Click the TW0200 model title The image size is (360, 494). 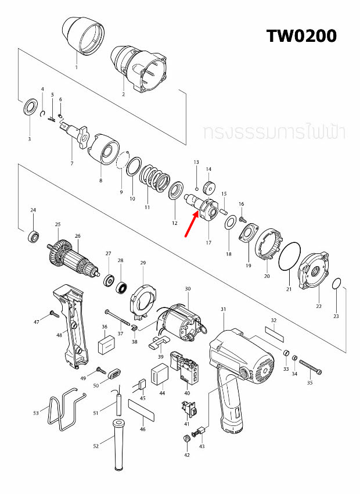coord(301,36)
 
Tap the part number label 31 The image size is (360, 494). coord(223,309)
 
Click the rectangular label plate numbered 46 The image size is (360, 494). coord(142,410)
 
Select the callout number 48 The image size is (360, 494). coord(59,335)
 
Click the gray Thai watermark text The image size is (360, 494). coord(275,133)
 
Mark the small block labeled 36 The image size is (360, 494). coord(106,346)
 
